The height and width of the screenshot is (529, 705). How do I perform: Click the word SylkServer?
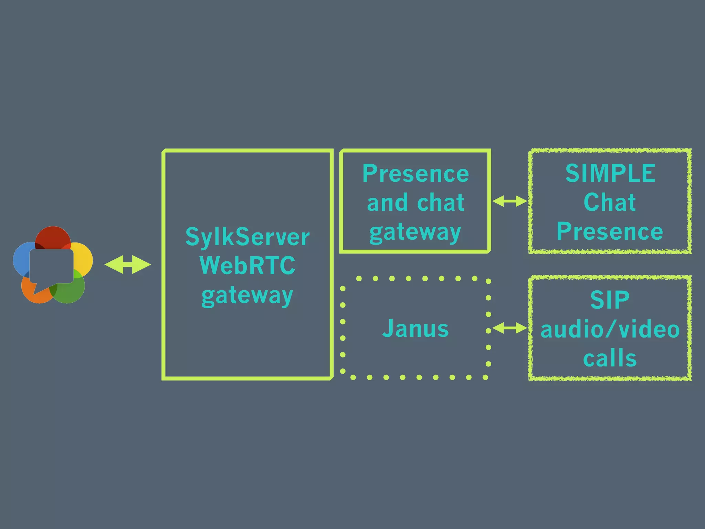(247, 237)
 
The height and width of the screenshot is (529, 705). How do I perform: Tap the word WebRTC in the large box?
(247, 266)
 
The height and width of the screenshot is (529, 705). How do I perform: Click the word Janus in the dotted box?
(415, 328)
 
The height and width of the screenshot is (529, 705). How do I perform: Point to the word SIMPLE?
(610, 173)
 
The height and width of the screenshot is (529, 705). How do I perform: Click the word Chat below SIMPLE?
(609, 202)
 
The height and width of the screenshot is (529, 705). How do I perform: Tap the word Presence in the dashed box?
(609, 231)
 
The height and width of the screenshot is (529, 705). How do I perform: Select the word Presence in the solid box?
(415, 174)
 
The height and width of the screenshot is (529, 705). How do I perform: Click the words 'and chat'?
(415, 203)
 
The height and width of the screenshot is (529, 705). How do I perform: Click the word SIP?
(610, 300)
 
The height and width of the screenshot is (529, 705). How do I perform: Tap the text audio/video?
(610, 329)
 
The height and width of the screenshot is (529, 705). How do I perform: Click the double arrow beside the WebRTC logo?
(128, 264)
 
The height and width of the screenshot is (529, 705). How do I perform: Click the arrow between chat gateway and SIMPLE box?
(509, 201)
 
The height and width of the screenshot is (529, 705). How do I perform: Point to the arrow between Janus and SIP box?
(509, 328)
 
